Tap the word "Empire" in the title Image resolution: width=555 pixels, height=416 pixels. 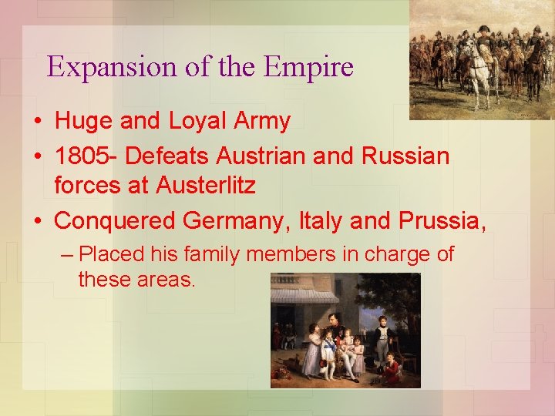[x=308, y=67]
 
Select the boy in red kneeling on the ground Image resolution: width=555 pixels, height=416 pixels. [x=392, y=369]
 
